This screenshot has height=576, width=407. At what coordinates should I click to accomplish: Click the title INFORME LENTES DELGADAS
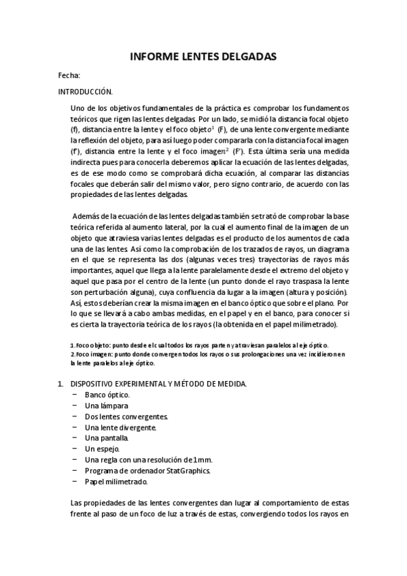203,58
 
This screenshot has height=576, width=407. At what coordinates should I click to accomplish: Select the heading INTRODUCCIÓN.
85,91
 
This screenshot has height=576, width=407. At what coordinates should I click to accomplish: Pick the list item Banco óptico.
107,395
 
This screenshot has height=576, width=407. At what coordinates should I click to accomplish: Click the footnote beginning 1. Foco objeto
199,345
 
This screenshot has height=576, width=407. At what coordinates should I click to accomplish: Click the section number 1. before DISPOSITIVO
60,384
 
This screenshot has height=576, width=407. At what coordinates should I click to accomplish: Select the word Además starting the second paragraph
87,216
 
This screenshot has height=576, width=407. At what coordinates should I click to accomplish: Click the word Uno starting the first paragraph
78,107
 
